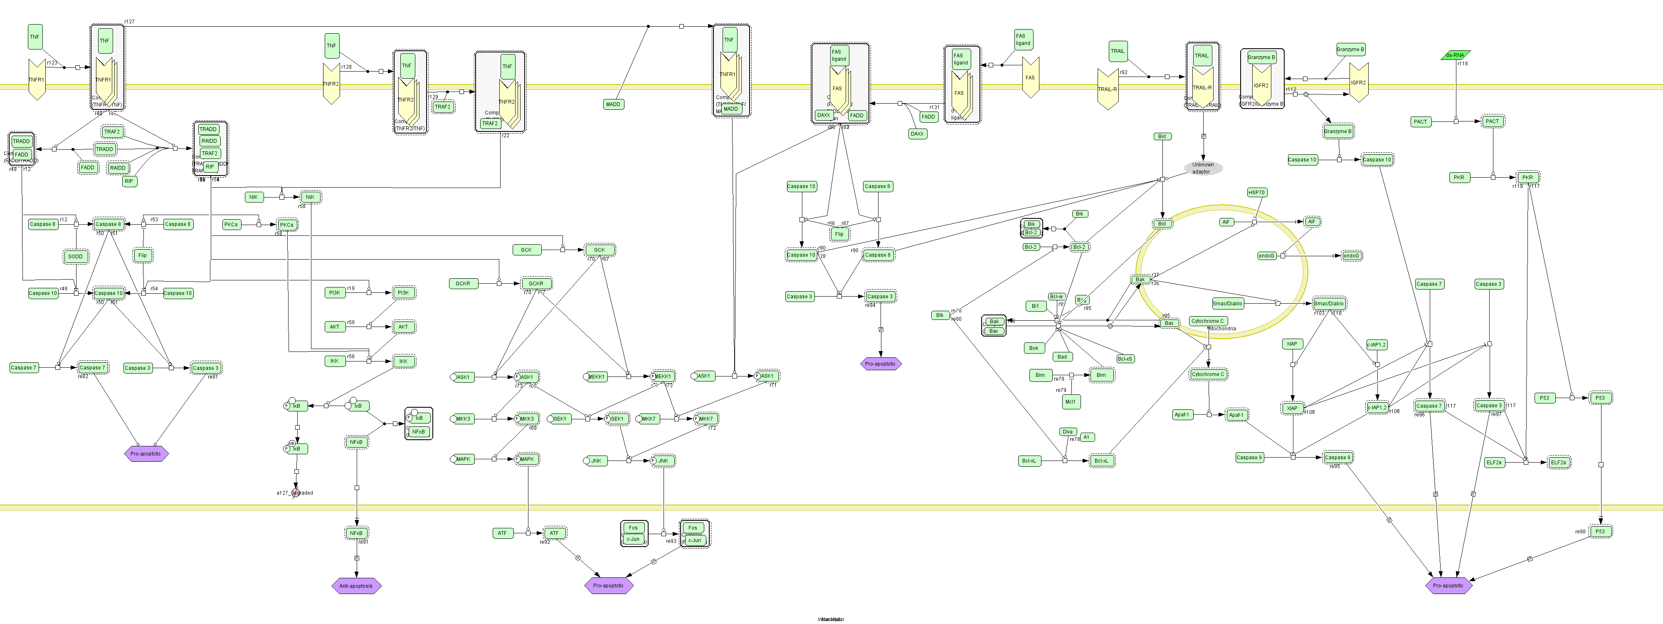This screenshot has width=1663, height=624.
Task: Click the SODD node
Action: (x=76, y=256)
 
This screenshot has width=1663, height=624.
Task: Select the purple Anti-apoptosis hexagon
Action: (x=356, y=586)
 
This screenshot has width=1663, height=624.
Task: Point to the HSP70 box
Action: (x=1256, y=193)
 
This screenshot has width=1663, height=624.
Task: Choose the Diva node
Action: (x=1067, y=431)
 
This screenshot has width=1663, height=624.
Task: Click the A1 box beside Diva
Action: (x=1086, y=437)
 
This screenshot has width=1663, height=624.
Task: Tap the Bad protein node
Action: (x=1062, y=357)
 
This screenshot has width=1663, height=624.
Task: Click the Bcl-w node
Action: (x=1056, y=297)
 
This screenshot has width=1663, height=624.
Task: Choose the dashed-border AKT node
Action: (x=403, y=327)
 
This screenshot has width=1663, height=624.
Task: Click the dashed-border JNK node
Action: (x=664, y=461)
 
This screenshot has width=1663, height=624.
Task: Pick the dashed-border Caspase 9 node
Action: (x=1337, y=457)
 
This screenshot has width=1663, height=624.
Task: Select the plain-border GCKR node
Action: (x=463, y=284)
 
